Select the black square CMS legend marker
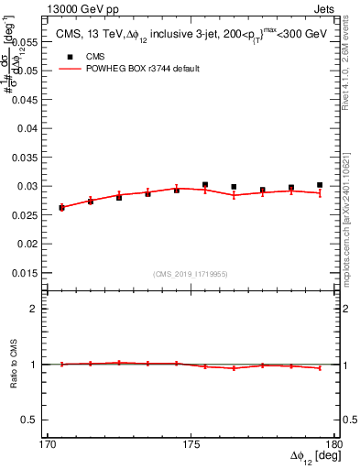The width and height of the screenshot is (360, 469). coord(69,55)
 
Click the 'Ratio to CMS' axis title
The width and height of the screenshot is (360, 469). coord(14,364)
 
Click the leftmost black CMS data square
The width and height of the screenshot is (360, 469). coord(61,208)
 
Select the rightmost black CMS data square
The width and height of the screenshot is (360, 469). coord(320,185)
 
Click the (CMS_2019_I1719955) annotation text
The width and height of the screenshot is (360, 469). coord(191,274)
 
